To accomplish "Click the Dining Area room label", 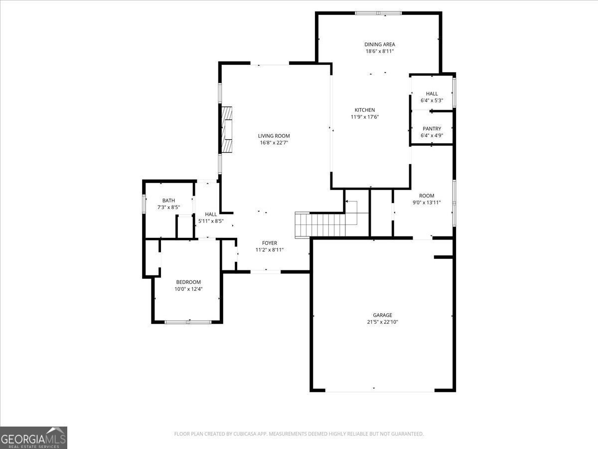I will coord(379,44).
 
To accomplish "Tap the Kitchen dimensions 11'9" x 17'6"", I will coord(365,117).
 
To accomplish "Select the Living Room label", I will coord(274,136).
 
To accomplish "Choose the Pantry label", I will coord(432,129).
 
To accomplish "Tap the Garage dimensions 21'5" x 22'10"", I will coord(382,322).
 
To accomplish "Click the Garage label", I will coord(382,315).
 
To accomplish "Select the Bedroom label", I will coord(188,282).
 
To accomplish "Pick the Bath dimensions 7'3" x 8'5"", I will coord(168,207).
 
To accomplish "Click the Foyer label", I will coord(270,243).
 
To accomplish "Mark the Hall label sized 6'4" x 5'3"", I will coord(432,94).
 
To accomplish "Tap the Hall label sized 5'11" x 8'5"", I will coord(211,214).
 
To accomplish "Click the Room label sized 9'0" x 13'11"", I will coord(427,196).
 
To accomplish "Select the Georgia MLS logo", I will coord(33,438).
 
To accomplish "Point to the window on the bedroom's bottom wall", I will coord(188,322).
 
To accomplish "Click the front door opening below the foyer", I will coord(266,271).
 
